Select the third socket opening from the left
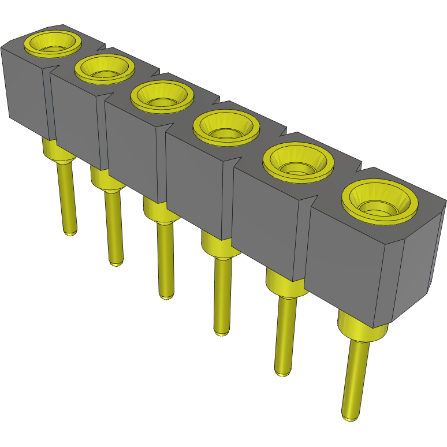coord(161,95)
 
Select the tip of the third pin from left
coord(166,295)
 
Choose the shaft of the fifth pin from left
coord(284,335)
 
